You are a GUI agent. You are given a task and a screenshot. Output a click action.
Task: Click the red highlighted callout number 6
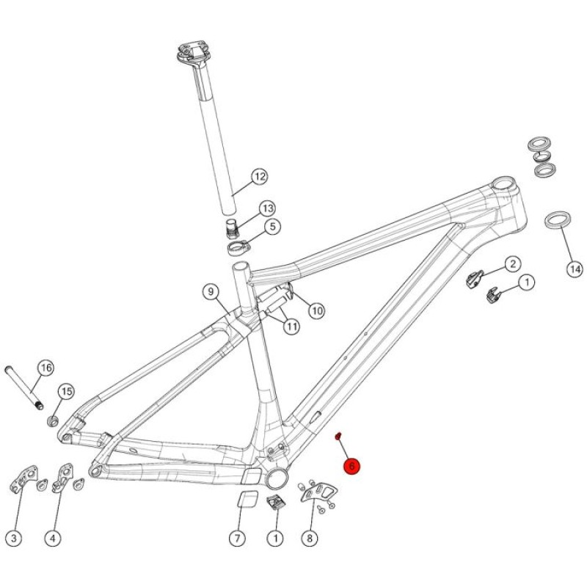click(351, 466)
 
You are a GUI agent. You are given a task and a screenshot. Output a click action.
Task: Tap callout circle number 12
click(260, 176)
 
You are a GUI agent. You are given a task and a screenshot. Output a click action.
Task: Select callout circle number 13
click(267, 208)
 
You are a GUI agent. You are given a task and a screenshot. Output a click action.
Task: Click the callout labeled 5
click(272, 227)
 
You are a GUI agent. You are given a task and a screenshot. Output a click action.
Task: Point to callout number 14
click(575, 269)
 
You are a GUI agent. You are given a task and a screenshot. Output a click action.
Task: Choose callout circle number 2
click(512, 264)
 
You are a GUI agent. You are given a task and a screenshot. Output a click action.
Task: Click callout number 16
click(46, 368)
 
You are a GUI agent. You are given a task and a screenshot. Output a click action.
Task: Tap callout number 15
click(66, 392)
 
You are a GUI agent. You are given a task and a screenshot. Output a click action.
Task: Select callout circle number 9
click(211, 291)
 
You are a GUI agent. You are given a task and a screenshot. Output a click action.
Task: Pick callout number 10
click(317, 310)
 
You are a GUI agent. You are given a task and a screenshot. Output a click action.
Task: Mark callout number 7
click(237, 539)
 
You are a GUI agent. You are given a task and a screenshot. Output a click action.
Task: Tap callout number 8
click(310, 539)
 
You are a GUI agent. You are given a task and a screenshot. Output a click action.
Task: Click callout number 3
click(14, 539)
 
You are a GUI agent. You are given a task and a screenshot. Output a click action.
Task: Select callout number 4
click(52, 539)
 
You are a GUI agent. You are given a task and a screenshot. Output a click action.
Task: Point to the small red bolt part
click(338, 436)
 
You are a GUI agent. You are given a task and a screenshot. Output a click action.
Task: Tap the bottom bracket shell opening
click(277, 478)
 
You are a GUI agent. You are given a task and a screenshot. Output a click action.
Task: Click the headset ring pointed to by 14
click(558, 219)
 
